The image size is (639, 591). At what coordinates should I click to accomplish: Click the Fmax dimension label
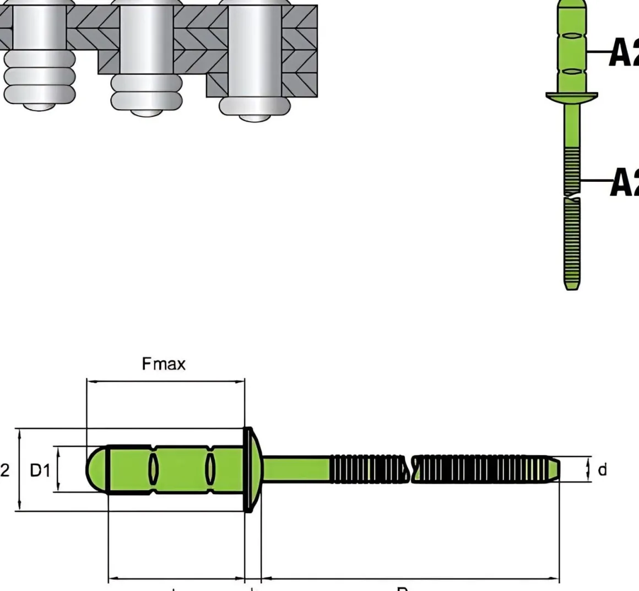(x=164, y=364)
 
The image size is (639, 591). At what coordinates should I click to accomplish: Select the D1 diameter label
(x=40, y=470)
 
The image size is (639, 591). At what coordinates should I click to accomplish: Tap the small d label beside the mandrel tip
(x=602, y=470)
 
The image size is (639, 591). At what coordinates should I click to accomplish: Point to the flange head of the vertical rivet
(x=572, y=97)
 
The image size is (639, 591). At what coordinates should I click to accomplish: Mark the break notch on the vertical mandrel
(x=572, y=195)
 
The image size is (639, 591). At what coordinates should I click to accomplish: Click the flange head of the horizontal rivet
(x=251, y=470)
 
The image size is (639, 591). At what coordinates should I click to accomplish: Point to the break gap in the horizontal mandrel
(x=409, y=470)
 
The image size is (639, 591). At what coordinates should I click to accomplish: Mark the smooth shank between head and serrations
(x=296, y=469)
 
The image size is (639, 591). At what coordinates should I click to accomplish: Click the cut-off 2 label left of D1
(x=4, y=470)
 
